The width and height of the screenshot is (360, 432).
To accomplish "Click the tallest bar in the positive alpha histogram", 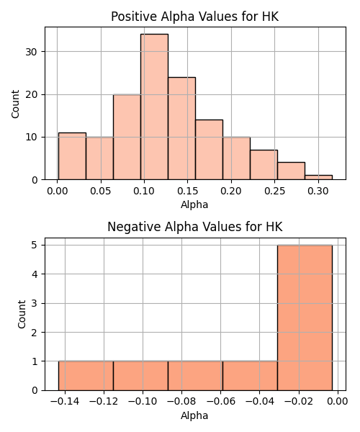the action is [x=154, y=107].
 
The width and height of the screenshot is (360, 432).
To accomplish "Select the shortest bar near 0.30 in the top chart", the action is [x=319, y=177].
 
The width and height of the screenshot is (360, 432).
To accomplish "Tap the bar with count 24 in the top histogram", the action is [x=181, y=128].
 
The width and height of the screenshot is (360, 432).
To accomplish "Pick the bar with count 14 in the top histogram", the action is [x=210, y=150].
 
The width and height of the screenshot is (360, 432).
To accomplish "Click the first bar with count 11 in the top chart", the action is [x=72, y=156].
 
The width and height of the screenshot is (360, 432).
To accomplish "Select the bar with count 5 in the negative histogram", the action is [x=305, y=318].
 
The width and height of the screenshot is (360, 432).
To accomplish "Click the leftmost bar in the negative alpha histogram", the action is [x=86, y=376].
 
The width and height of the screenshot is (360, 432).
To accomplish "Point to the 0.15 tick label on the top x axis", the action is [x=187, y=191].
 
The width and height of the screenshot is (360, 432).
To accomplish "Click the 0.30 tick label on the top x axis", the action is [x=318, y=191].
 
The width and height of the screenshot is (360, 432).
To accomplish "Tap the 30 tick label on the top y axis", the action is [x=32, y=52].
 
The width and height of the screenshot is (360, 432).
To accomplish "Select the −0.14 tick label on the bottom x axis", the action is [x=65, y=401].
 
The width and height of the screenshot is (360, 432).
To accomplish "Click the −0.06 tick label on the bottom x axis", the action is [x=220, y=401].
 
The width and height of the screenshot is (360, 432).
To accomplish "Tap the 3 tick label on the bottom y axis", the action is [x=35, y=303].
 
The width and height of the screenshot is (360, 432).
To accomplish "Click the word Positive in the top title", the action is [x=134, y=17].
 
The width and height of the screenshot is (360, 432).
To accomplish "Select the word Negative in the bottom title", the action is [x=134, y=227].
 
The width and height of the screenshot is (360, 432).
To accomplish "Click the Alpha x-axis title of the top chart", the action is [x=194, y=204].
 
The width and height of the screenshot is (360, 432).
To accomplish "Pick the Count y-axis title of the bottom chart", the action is [x=22, y=315].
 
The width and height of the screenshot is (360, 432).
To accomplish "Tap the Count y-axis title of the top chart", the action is [x=15, y=104].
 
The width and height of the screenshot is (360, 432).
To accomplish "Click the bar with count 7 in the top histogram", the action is [x=264, y=165].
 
